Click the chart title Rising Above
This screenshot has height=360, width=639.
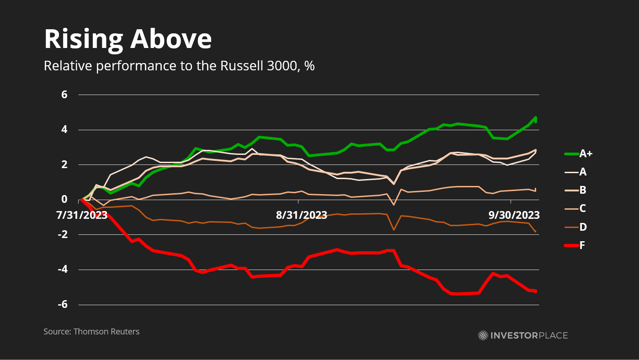pyautogui.click(x=128, y=39)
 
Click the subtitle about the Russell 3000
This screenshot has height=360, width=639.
pyautogui.click(x=179, y=66)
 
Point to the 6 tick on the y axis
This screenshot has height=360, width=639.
pyautogui.click(x=64, y=95)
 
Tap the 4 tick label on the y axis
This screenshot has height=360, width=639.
pyautogui.click(x=64, y=130)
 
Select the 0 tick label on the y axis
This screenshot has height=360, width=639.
pyautogui.click(x=64, y=200)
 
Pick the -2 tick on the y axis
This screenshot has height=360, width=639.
pyautogui.click(x=62, y=235)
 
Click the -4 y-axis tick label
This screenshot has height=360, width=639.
pyautogui.click(x=62, y=270)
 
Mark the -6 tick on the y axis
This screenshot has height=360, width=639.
pyautogui.click(x=62, y=305)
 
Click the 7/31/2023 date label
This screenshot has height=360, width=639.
pyautogui.click(x=82, y=215)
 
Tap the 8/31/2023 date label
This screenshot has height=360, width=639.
pyautogui.click(x=301, y=215)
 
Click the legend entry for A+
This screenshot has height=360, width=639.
pyautogui.click(x=586, y=154)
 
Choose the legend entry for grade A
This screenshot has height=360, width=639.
pyautogui.click(x=583, y=172)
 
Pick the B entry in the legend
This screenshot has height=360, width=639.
pyautogui.click(x=583, y=191)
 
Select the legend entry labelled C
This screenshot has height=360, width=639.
pyautogui.click(x=583, y=209)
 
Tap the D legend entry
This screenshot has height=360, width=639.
pyautogui.click(x=583, y=227)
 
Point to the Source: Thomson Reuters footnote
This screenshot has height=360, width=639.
pyautogui.click(x=91, y=332)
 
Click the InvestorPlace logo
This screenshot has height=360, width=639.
pyautogui.click(x=523, y=336)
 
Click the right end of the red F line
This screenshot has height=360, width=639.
pyautogui.click(x=535, y=291)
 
